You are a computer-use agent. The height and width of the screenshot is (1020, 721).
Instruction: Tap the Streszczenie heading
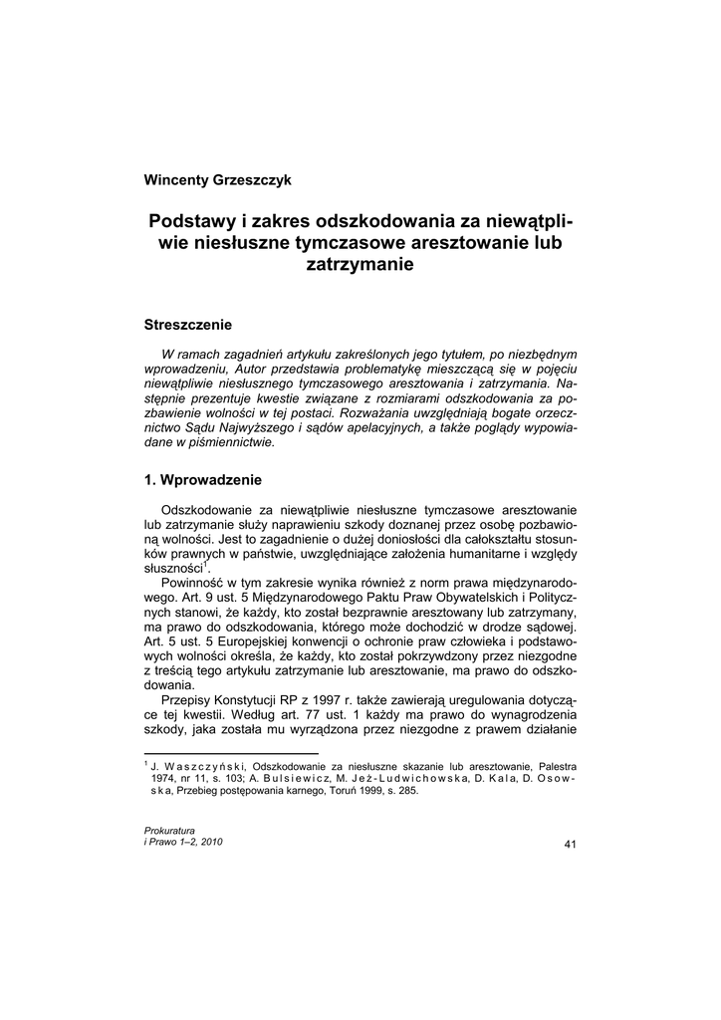coord(188,325)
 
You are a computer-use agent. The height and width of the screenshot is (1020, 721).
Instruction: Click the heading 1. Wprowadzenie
coord(202,479)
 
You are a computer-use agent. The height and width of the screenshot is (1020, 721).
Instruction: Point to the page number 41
coord(571,845)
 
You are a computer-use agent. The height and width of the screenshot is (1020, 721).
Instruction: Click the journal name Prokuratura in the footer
coord(169,830)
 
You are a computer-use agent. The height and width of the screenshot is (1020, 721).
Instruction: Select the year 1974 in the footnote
coord(165,778)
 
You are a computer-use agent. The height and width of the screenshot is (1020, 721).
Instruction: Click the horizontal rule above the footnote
coord(231,753)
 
